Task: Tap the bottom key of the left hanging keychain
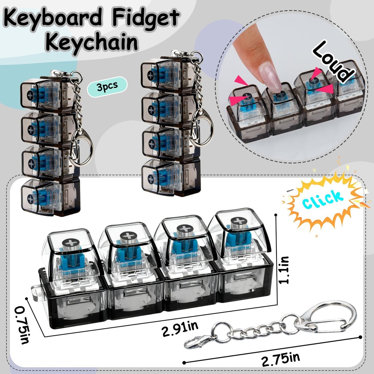tap(50, 197)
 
